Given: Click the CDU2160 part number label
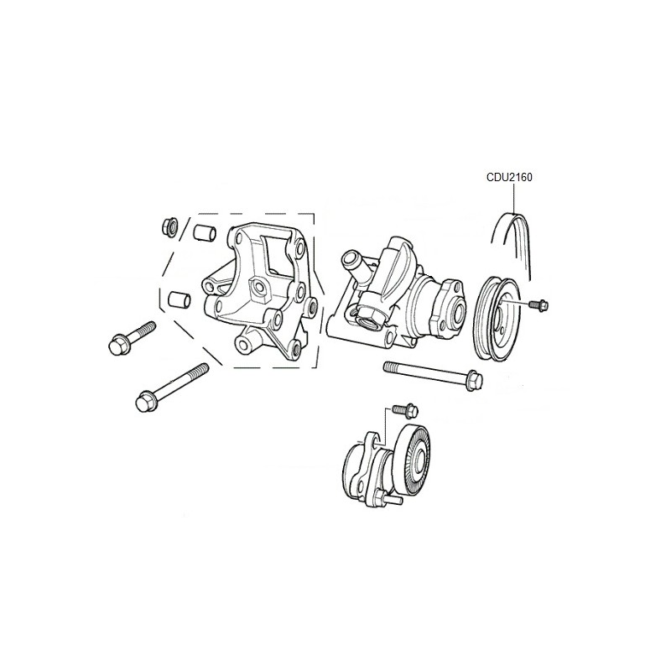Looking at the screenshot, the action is pyautogui.click(x=509, y=177).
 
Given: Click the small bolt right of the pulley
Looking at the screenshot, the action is pyautogui.click(x=538, y=304).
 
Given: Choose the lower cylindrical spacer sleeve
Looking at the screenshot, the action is pyautogui.click(x=179, y=299).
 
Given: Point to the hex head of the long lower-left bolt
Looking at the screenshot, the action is pyautogui.click(x=144, y=401).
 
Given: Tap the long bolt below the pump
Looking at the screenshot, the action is pyautogui.click(x=433, y=375).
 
